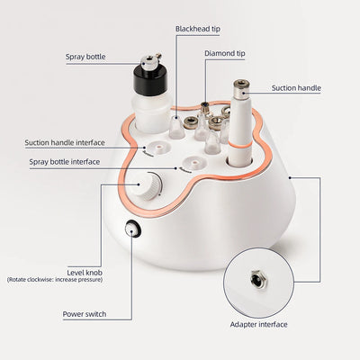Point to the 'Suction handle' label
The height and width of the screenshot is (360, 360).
296,88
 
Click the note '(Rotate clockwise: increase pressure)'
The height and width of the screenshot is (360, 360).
54,280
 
